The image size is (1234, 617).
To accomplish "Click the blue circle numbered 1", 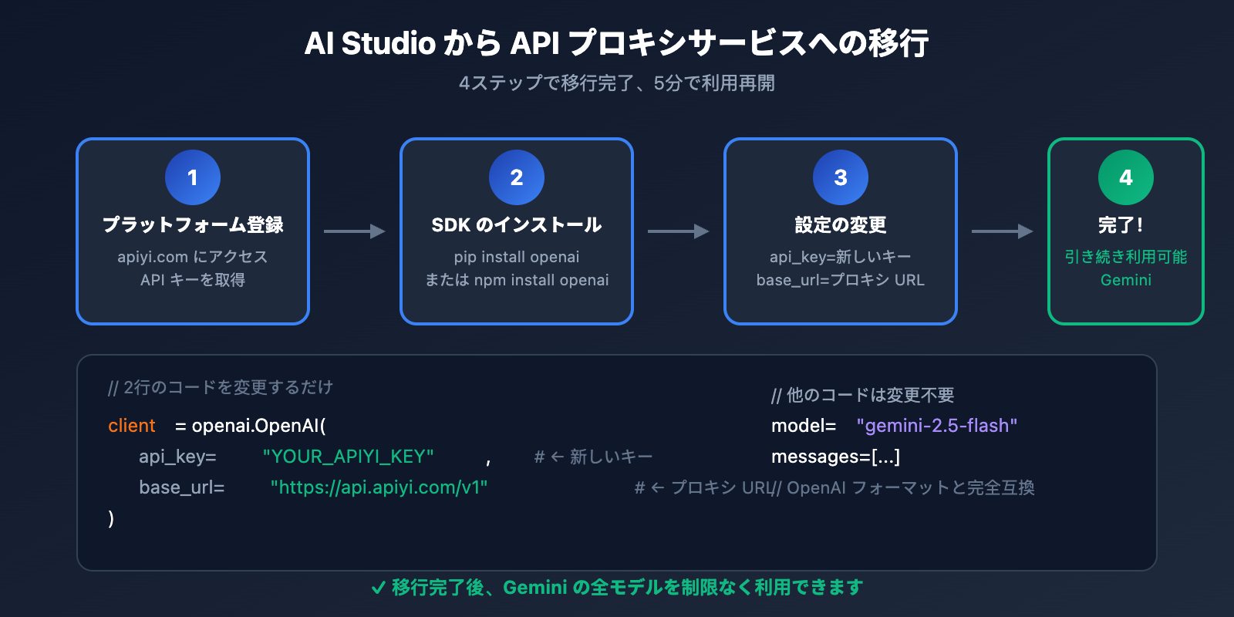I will tap(193, 177).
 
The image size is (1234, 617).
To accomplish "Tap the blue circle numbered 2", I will tap(517, 177).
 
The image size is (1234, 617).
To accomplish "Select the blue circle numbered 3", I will tap(841, 177).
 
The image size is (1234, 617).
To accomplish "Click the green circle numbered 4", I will tap(1126, 177).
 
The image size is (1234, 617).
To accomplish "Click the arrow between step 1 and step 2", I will tap(354, 231).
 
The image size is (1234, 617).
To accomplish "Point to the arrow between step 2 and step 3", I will tap(678, 231).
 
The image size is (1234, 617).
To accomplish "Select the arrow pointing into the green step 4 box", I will tap(1002, 231).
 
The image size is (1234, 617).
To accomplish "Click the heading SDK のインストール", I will tap(517, 224).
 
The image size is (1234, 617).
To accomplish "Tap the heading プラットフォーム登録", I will tap(193, 224).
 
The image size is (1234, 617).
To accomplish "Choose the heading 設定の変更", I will tap(841, 224).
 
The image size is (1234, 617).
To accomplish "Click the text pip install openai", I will tap(517, 257).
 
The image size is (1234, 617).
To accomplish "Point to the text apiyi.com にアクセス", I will tap(193, 257).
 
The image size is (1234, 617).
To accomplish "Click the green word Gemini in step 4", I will tap(1126, 280).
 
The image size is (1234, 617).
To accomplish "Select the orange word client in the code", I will tap(132, 426).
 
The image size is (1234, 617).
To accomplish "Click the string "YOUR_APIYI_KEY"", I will tap(348, 457).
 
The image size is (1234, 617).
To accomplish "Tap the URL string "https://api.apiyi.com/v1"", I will tap(379, 487).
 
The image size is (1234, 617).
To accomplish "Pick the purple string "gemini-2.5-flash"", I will tap(937, 426).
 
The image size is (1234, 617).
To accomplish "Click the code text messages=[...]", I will tap(835, 457).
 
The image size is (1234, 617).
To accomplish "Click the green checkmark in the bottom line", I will tap(378, 588).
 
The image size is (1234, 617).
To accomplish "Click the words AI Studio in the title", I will tap(370, 43).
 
